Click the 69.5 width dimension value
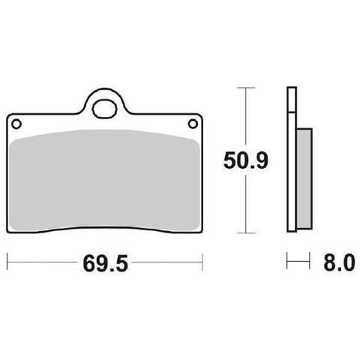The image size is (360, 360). (105, 263)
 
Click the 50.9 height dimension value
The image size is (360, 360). (246, 160)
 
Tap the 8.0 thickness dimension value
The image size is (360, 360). (339, 262)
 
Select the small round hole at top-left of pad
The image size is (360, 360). (16, 124)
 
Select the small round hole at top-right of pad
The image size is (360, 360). (193, 124)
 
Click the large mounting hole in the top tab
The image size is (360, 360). (105, 109)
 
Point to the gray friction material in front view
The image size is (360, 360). (104, 179)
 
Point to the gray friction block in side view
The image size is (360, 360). (304, 178)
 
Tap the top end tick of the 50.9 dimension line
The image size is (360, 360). (246, 88)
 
